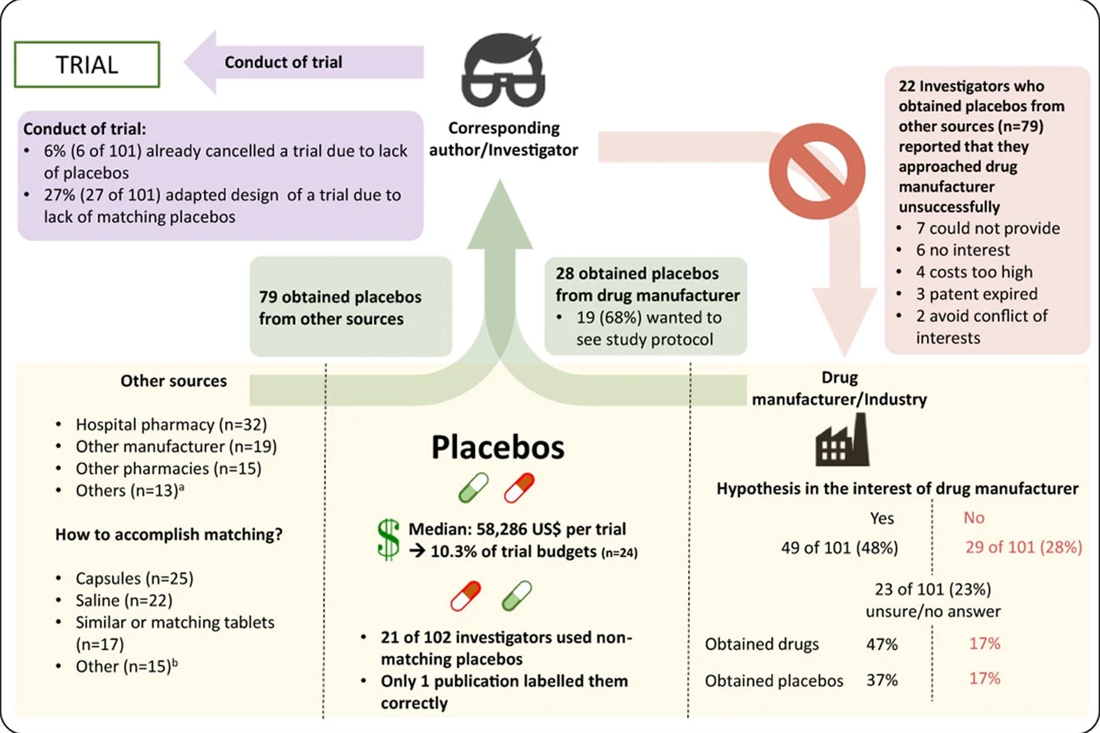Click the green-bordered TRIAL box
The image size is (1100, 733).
(x=87, y=65)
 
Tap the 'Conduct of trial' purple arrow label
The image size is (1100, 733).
(x=283, y=62)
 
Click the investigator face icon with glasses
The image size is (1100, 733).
(x=503, y=71)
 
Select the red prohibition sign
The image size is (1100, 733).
(x=817, y=171)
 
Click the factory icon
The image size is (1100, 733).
(x=842, y=440)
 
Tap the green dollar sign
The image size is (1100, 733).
(x=389, y=539)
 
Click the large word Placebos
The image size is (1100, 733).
(x=497, y=447)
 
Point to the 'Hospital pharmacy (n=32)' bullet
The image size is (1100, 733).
(x=170, y=425)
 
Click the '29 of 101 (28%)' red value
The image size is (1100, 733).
(x=1023, y=547)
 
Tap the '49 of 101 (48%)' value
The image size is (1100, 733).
(x=839, y=547)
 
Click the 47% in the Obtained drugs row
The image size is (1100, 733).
(x=882, y=644)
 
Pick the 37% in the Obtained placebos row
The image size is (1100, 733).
(x=882, y=680)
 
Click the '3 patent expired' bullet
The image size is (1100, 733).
(x=976, y=294)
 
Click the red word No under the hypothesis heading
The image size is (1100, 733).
(x=974, y=518)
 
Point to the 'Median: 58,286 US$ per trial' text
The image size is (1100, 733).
(x=517, y=529)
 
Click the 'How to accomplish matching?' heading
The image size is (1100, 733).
(x=169, y=534)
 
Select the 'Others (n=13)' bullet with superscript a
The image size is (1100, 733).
(x=129, y=490)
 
